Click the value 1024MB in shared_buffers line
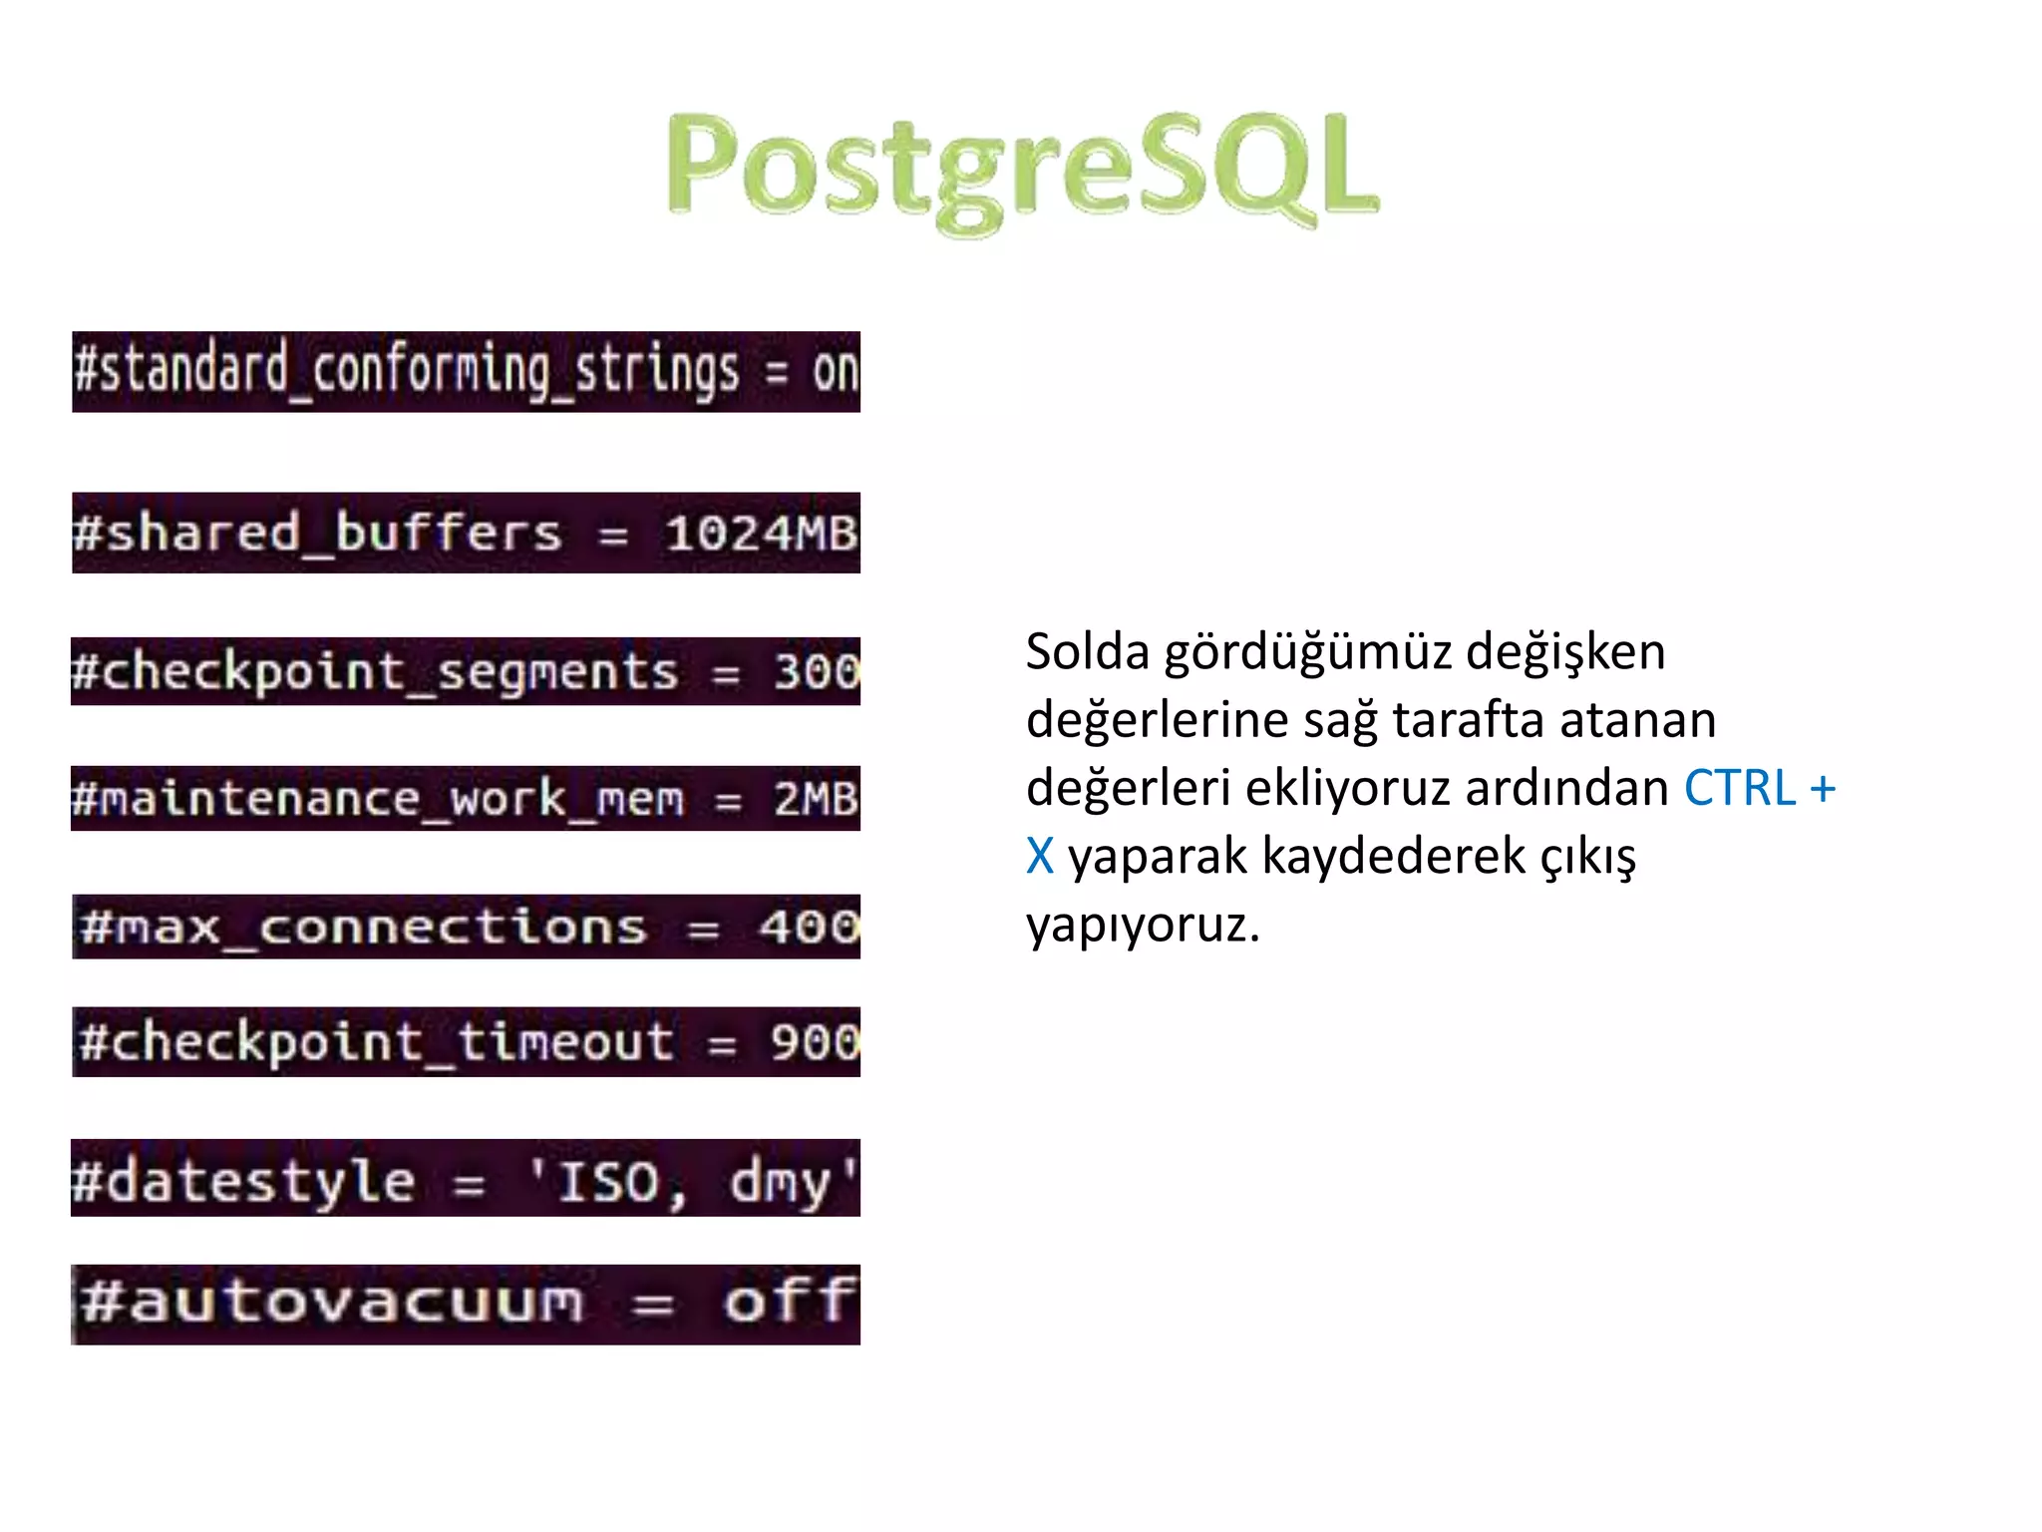point(760,534)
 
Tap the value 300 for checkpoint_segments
point(817,671)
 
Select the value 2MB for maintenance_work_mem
point(815,799)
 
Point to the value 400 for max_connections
point(809,928)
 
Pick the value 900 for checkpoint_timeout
point(814,1043)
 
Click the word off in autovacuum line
point(789,1303)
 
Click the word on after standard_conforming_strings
point(835,372)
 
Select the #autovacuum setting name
point(332,1303)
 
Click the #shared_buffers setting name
point(317,534)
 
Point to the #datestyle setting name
point(243,1183)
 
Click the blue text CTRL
point(1739,788)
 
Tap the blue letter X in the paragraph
point(1039,856)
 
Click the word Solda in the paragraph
point(1087,652)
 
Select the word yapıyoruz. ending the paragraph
point(1143,925)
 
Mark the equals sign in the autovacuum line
point(653,1305)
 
